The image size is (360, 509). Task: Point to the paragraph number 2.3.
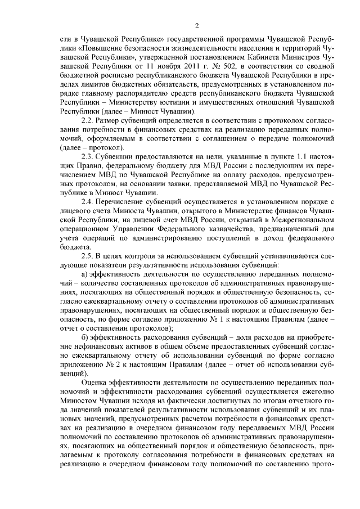[87, 155]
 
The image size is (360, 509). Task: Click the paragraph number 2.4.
[87, 201]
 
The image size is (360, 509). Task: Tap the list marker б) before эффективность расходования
[85, 336]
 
